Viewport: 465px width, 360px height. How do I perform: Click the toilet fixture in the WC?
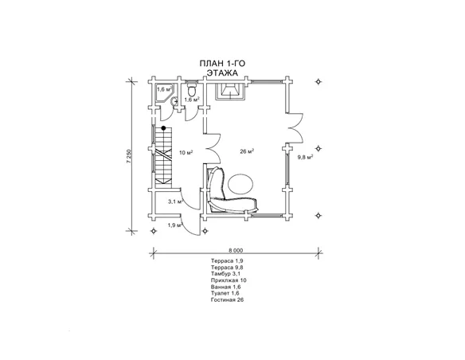[x=192, y=90]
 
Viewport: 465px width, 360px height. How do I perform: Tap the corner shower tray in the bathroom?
[x=164, y=92]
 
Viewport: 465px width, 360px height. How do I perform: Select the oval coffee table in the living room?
[x=240, y=183]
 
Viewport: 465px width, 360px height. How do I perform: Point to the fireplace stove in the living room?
[x=230, y=92]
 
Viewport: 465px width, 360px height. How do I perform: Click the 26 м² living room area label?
[x=247, y=152]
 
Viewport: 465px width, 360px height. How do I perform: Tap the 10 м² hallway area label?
[x=186, y=153]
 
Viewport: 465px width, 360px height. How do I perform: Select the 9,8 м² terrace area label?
[x=306, y=157]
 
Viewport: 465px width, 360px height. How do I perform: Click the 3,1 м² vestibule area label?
[x=175, y=202]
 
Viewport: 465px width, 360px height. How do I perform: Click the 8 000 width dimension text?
[x=236, y=251]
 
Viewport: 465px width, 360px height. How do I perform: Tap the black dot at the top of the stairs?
[x=163, y=128]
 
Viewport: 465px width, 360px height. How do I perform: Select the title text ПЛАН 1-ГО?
[x=222, y=64]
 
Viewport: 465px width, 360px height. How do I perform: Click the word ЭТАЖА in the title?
[x=222, y=73]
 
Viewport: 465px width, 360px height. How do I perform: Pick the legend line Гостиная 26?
[x=228, y=299]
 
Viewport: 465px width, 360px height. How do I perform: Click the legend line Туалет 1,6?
[x=225, y=293]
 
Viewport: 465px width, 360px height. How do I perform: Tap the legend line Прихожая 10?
[x=229, y=280]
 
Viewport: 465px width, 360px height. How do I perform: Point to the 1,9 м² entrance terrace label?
[x=175, y=225]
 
